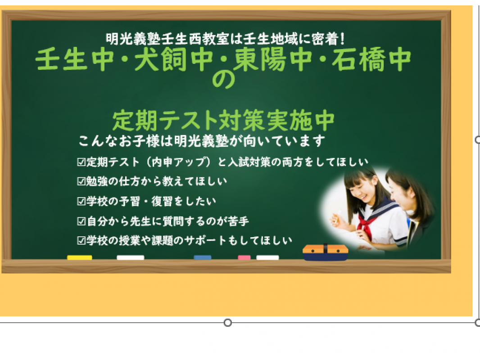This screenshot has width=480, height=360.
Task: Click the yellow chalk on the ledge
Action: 80,257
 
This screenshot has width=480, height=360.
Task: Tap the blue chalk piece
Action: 202,257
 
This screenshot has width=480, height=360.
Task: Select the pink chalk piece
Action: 244,257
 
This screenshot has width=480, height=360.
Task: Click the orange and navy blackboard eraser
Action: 326,252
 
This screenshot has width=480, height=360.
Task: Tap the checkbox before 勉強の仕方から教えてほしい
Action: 81,181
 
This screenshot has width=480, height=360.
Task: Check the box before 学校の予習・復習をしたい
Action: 81,201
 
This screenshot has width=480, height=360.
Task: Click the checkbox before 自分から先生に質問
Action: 81,221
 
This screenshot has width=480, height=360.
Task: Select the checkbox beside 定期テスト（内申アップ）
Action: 81,162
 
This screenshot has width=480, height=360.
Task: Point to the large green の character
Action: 224,80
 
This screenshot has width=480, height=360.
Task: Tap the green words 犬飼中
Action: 173,59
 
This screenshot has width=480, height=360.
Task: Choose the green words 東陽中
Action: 273,59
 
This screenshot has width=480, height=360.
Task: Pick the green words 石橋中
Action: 371,59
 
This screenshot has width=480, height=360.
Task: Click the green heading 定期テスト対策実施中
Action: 223,120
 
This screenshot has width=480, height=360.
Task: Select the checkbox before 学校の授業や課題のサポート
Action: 81,241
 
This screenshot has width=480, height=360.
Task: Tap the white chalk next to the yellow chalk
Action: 131,257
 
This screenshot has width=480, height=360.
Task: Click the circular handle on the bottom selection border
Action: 227,323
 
